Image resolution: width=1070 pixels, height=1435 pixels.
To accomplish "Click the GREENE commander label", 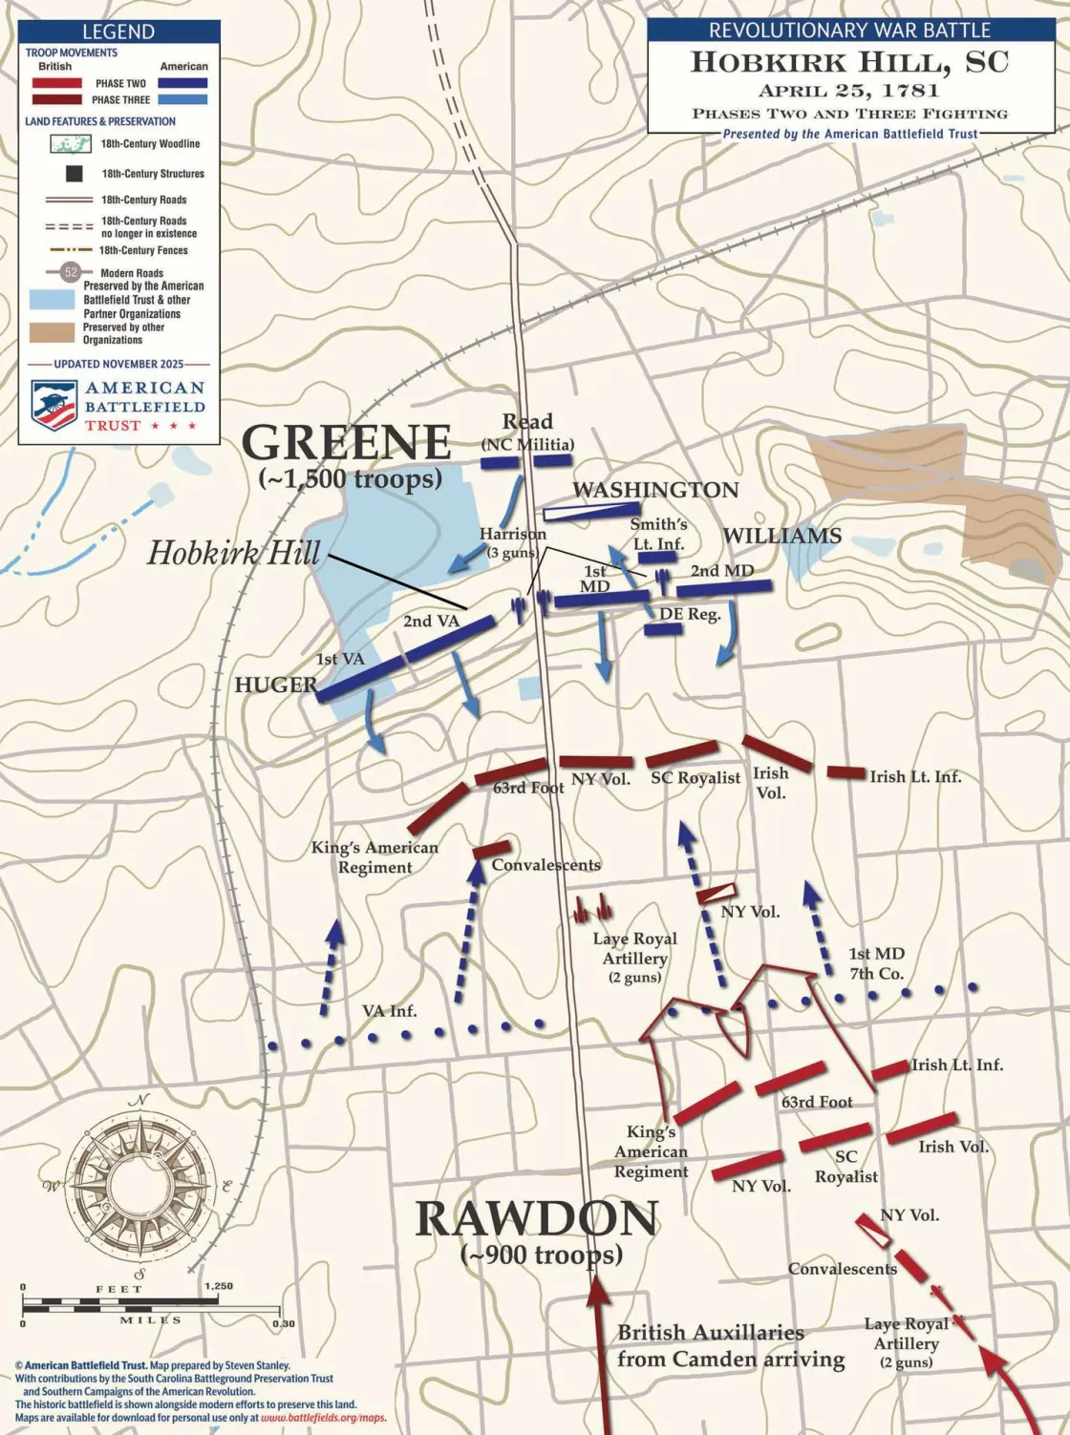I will (346, 443).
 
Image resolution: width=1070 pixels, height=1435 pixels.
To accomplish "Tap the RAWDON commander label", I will (537, 1220).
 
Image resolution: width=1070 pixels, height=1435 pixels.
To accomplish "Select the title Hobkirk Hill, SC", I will (849, 63).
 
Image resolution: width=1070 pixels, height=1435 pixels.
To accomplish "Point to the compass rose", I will (139, 1184).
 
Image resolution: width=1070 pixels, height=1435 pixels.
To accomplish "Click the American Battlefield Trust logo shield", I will (54, 405).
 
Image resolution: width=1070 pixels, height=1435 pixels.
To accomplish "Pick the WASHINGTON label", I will (655, 490).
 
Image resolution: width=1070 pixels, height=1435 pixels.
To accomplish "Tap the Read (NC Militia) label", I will (527, 433).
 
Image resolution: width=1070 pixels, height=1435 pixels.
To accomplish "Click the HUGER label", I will (275, 685).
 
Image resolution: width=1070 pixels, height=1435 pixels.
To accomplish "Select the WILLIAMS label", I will (781, 536).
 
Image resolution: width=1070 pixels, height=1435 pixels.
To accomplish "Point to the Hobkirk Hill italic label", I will (233, 553).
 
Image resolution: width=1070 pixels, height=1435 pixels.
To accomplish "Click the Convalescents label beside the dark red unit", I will (546, 865).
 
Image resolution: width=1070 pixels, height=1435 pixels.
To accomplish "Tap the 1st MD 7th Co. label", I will (876, 963).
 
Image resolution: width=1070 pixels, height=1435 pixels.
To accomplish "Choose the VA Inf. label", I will (389, 1010).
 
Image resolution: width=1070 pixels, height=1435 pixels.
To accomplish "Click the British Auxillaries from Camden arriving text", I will (730, 1345).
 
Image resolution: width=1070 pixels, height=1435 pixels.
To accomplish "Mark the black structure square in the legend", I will (73, 174).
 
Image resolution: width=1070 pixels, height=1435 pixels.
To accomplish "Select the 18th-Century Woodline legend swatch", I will (71, 144).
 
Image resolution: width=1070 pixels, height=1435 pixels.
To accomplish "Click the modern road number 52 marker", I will (71, 272).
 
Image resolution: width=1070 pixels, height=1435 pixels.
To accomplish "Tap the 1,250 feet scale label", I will (218, 1286).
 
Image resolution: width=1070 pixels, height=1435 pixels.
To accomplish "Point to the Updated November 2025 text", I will (118, 364).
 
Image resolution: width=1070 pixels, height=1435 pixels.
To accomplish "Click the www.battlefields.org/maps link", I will (323, 1418).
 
